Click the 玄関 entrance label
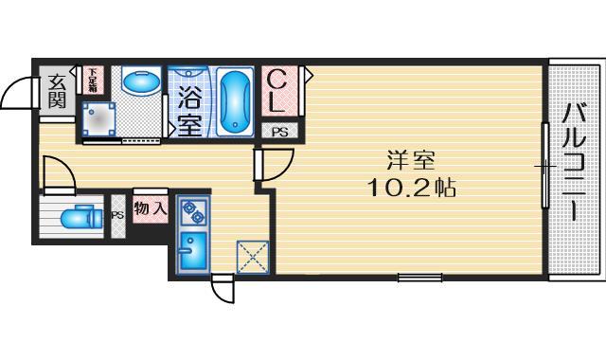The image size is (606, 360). pyautogui.click(x=56, y=92)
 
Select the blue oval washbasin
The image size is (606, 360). pyautogui.click(x=142, y=81)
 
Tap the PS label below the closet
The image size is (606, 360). pyautogui.click(x=280, y=133)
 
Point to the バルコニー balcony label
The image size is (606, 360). pyautogui.click(x=574, y=161)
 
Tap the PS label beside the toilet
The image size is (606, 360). pyautogui.click(x=117, y=215)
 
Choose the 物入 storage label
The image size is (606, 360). pyautogui.click(x=151, y=208)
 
